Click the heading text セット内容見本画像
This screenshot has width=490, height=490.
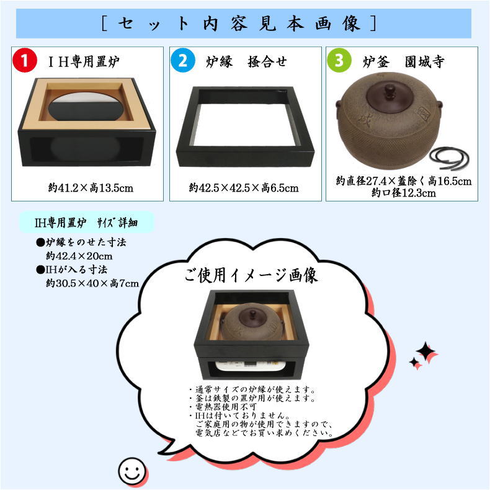click(238, 23)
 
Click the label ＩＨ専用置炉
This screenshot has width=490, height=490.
click(84, 61)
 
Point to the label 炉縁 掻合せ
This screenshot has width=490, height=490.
click(245, 61)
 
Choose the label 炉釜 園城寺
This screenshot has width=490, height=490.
click(403, 61)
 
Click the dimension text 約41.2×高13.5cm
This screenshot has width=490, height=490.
click(91, 187)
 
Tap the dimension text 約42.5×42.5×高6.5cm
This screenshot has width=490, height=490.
click(244, 187)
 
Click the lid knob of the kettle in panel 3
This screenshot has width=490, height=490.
click(390, 91)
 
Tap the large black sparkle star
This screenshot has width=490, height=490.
click(427, 352)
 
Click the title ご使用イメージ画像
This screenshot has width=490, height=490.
click(251, 275)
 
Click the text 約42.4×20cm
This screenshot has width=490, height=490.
click(78, 255)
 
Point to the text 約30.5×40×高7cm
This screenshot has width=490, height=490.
click(92, 283)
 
